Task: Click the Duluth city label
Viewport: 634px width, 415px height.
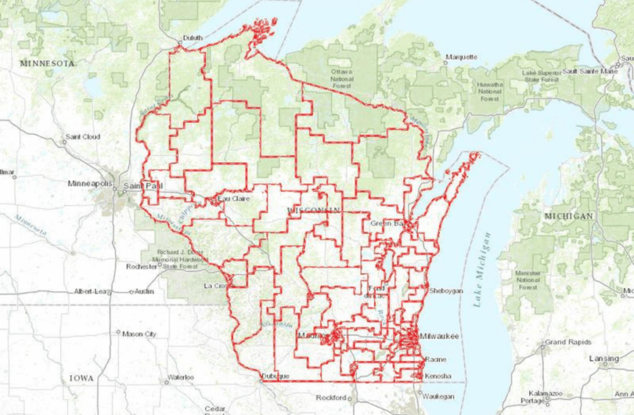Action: pos(193,38)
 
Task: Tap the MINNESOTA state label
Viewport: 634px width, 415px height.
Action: pos(47,63)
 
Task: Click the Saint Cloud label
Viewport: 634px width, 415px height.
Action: pos(83,136)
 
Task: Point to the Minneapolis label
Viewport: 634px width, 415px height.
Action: pos(90,184)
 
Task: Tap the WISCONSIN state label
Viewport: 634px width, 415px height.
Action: pos(314,211)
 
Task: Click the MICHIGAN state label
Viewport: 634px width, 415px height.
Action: pos(568,216)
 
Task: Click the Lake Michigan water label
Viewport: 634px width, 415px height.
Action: pos(482,270)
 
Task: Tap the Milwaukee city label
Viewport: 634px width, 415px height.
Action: pos(439,336)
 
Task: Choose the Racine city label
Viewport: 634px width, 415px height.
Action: pos(436,359)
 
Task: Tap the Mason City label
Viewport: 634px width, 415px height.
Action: pos(139,334)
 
